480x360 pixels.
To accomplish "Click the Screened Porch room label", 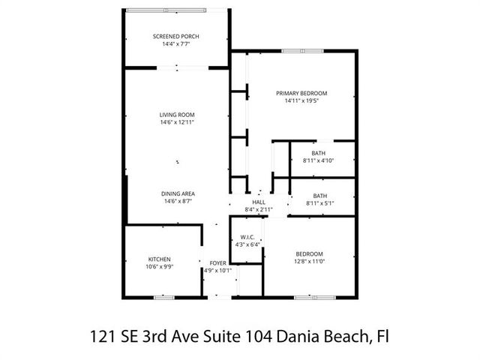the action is coord(175,37).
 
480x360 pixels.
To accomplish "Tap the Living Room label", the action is coord(177,115).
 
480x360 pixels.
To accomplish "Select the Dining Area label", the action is coord(178,193).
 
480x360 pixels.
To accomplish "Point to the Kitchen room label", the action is coord(160,259).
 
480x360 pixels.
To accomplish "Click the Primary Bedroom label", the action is coord(301,93).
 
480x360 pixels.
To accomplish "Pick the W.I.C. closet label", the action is coord(247,237).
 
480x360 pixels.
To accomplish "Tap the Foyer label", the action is coord(218,263).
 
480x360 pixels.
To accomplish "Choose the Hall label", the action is coord(259,202).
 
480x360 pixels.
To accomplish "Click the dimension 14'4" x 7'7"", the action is coord(176,44).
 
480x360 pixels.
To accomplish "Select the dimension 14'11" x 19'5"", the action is coord(301,100).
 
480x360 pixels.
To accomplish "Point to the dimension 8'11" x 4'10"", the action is coord(318,160).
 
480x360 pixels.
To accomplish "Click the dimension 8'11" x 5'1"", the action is coord(320,203).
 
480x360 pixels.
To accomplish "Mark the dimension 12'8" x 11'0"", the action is coord(309,262).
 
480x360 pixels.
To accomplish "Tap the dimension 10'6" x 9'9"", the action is coord(160,267).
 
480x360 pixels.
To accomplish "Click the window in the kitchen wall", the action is coord(163,298).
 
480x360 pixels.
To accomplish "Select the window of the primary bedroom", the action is coord(302,51).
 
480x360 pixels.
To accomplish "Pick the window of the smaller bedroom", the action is coord(315,298).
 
